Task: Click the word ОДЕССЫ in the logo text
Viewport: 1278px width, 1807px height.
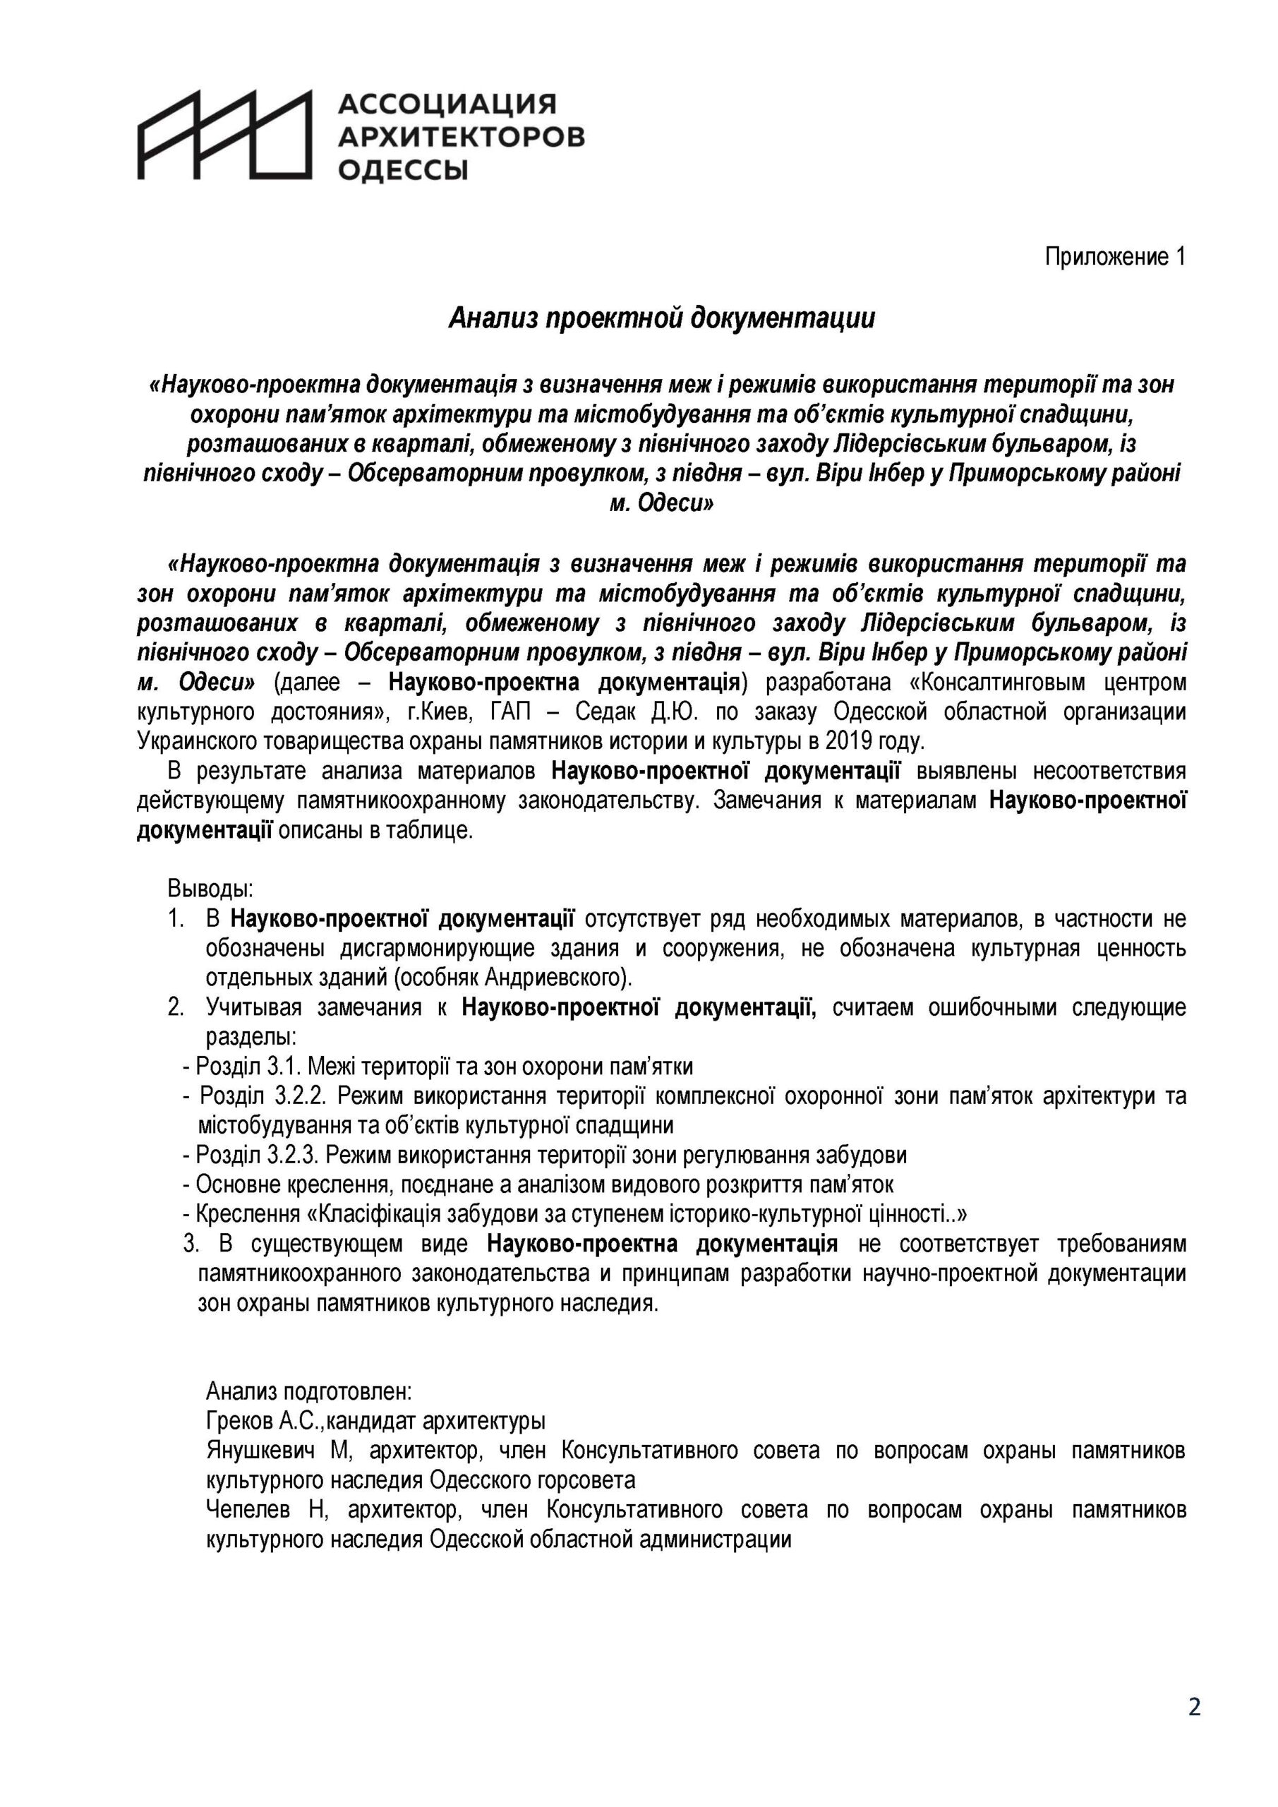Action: point(402,169)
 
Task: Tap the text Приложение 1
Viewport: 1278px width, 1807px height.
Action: point(1114,256)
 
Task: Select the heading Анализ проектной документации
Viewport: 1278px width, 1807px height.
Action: point(661,319)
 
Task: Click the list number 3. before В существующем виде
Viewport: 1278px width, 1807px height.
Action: point(190,1244)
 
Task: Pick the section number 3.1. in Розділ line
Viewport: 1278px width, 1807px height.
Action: point(283,1067)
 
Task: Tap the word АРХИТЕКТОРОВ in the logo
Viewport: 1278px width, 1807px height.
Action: point(460,137)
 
